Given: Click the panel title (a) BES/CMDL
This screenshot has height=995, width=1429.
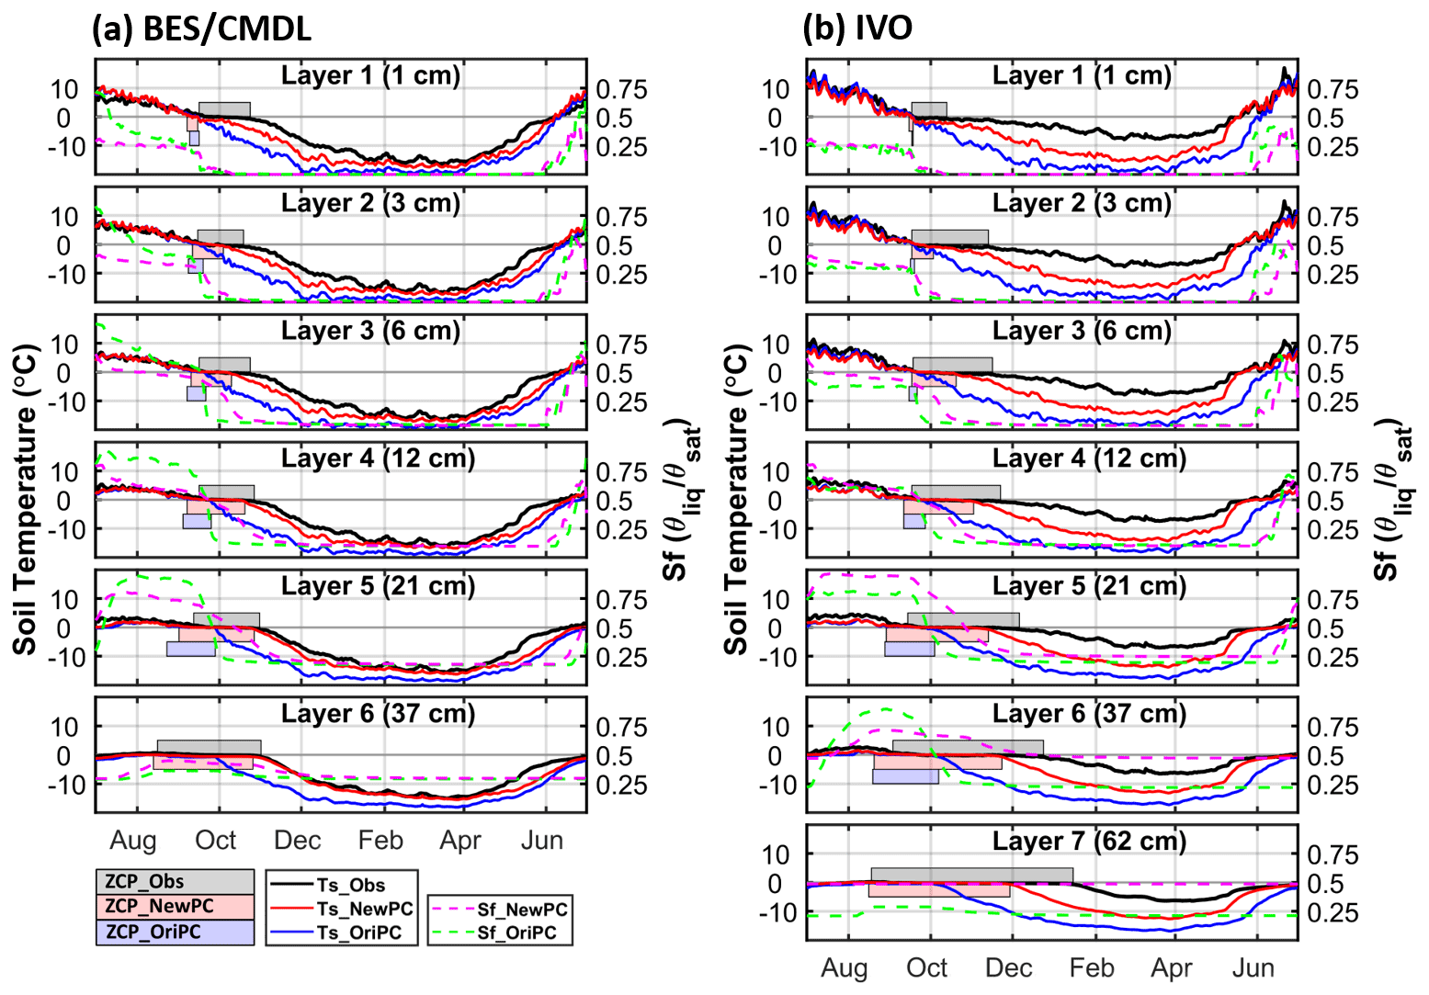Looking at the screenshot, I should (201, 28).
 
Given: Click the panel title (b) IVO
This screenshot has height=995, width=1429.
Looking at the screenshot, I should (857, 28).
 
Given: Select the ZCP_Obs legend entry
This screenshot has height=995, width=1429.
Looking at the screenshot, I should (175, 882).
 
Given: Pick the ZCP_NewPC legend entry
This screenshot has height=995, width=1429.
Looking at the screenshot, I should (175, 907).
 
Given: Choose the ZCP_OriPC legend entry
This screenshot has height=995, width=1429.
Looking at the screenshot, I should (175, 932).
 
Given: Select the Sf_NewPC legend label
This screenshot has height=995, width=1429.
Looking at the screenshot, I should (522, 910).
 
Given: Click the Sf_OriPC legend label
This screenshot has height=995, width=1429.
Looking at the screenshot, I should (516, 933).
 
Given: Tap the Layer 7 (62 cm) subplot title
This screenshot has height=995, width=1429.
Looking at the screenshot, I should (1089, 842).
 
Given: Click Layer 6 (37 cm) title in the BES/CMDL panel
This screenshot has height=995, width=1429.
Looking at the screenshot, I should (378, 714).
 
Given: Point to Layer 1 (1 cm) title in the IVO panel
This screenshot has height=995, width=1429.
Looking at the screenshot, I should (1082, 75).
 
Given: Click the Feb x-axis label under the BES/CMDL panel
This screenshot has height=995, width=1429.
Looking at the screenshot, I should (380, 841).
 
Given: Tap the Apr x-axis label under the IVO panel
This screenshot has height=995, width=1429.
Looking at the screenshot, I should (1172, 968).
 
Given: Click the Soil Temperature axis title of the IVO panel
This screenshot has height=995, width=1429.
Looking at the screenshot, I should (737, 500).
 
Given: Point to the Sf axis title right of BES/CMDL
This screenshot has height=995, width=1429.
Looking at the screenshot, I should (681, 500).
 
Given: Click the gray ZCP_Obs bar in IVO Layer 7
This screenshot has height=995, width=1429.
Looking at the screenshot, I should (971, 875).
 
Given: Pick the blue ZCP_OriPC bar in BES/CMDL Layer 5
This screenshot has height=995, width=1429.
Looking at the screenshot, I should (191, 649).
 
